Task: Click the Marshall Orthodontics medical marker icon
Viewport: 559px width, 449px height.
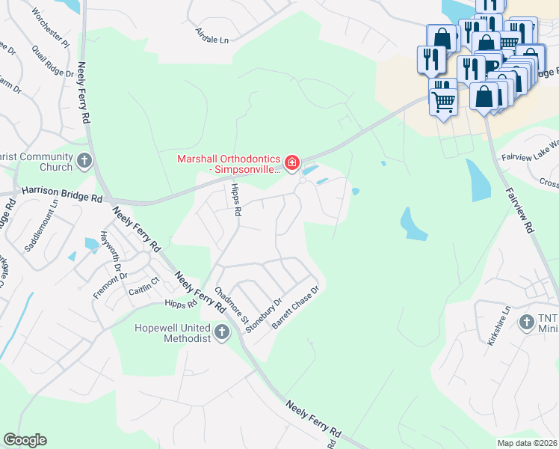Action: pos(291,162)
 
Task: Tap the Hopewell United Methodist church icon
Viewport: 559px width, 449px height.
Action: pos(221,332)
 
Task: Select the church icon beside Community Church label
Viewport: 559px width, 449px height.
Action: pos(84,159)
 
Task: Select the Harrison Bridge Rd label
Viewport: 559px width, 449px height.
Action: pos(62,193)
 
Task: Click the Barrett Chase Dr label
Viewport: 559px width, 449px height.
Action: pos(295,308)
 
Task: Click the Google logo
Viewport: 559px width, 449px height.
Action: pos(25,440)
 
